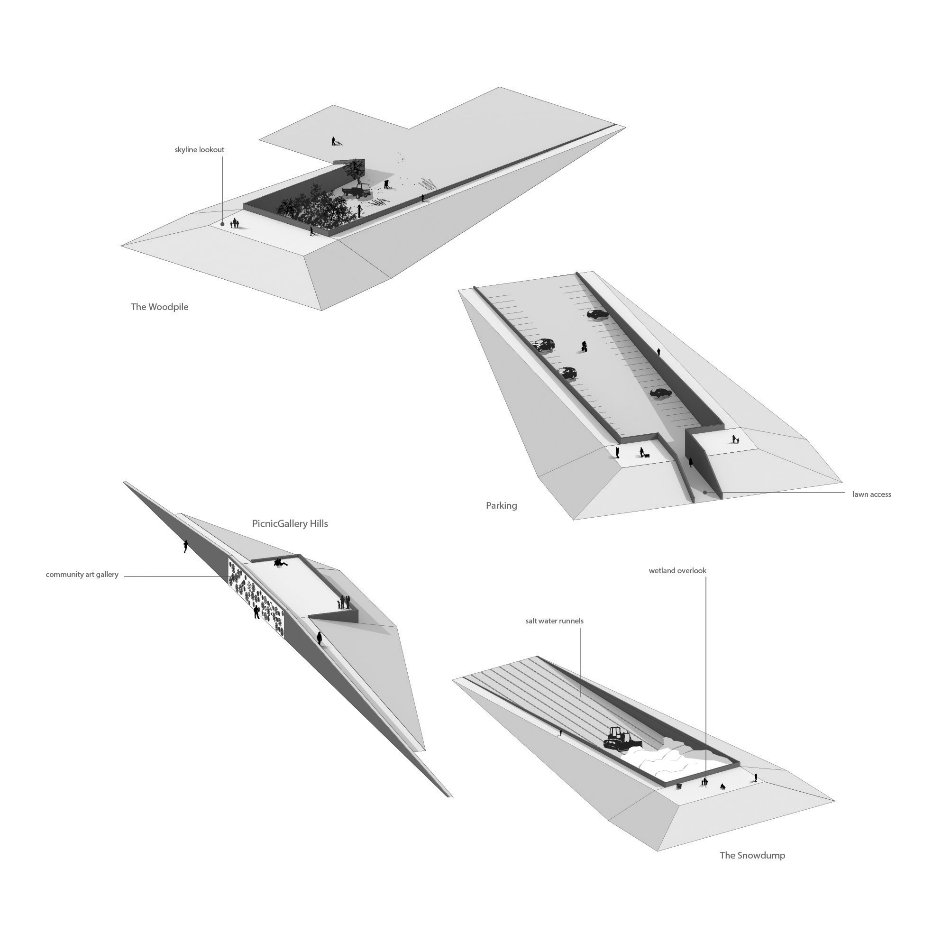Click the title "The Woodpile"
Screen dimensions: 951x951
click(x=159, y=307)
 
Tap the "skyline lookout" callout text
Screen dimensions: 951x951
click(x=200, y=150)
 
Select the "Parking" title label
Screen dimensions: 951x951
click(x=502, y=505)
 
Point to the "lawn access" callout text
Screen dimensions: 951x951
click(x=872, y=494)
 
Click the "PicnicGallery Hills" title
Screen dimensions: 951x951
click(x=290, y=524)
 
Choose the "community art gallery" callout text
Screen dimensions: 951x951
click(x=82, y=575)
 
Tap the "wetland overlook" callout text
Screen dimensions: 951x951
click(x=677, y=571)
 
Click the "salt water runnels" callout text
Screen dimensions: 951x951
click(x=554, y=621)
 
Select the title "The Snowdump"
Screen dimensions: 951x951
click(x=752, y=855)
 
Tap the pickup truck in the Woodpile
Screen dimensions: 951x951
click(x=357, y=192)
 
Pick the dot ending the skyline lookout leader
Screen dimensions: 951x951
click(x=223, y=224)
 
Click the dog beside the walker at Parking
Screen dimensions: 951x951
click(x=646, y=456)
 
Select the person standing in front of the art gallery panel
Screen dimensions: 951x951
click(x=256, y=613)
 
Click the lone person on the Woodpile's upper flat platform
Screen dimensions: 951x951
click(x=334, y=141)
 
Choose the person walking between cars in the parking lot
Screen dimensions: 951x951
click(x=584, y=347)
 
